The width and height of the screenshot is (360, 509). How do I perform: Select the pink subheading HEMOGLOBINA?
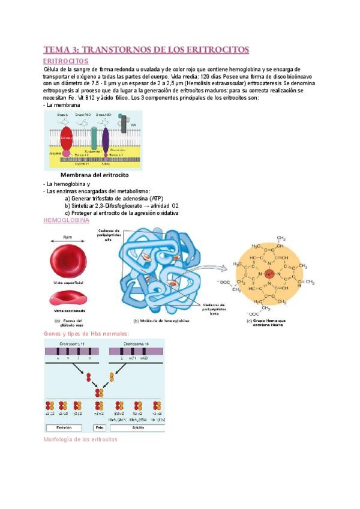click(x=65, y=220)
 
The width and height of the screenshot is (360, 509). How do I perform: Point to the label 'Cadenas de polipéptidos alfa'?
click(x=107, y=233)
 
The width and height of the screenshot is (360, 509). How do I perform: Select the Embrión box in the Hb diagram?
click(x=64, y=428)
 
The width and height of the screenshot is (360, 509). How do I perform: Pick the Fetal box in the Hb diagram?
click(x=100, y=428)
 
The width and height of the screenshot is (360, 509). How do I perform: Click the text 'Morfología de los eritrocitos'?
click(x=80, y=439)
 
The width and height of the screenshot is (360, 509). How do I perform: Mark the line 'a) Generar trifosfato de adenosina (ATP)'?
click(x=114, y=199)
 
